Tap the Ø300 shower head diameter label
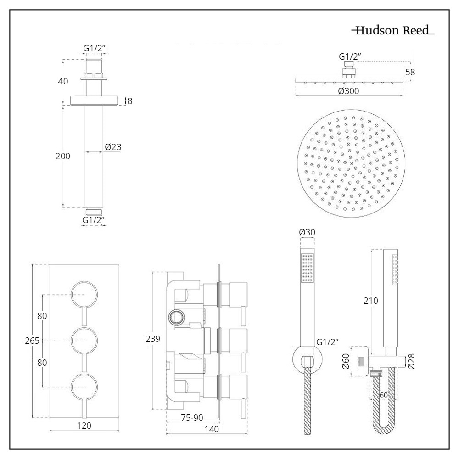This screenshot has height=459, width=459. [348, 91]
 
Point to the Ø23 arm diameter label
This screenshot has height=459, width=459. [113, 147]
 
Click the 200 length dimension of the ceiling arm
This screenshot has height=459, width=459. [62, 156]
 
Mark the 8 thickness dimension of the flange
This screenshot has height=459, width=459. [129, 101]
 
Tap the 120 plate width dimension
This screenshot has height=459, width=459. [84, 425]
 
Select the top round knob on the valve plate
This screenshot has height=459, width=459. [84, 294]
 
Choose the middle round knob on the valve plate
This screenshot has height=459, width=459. [84, 341]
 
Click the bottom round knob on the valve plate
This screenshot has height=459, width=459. [84, 387]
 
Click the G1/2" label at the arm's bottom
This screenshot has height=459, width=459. [94, 220]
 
